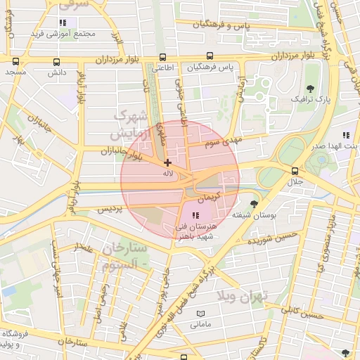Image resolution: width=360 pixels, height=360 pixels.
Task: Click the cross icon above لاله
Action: (x=167, y=162)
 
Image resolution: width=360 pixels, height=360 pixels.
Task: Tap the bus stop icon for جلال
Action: (x=295, y=171)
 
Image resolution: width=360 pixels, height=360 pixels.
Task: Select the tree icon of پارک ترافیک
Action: (x=311, y=89)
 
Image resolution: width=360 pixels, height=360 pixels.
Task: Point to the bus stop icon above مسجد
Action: (x=15, y=61)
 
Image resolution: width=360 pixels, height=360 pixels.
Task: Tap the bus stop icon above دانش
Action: (x=56, y=61)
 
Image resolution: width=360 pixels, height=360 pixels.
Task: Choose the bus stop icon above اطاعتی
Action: (x=163, y=58)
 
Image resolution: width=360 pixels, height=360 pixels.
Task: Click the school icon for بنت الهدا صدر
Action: (x=345, y=135)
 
